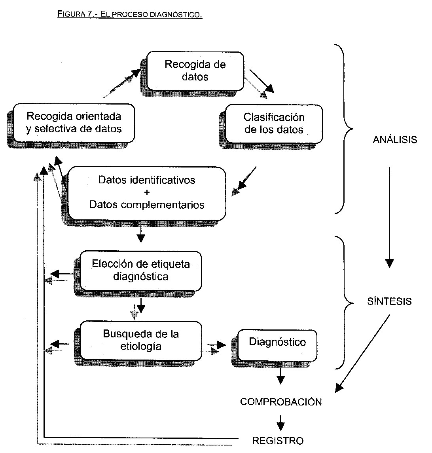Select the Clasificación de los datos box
[x=274, y=123]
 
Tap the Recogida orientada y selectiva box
[x=74, y=123]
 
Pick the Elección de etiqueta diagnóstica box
[x=141, y=270]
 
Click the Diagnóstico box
[x=277, y=342]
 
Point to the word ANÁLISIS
[x=395, y=140]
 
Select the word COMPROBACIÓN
[x=281, y=402]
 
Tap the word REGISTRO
[x=278, y=440]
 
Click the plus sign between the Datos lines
[x=147, y=192]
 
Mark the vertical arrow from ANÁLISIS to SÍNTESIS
[x=390, y=218]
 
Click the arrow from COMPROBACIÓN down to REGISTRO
[x=281, y=423]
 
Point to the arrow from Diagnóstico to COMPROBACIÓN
[x=281, y=376]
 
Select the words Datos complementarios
[x=147, y=205]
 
